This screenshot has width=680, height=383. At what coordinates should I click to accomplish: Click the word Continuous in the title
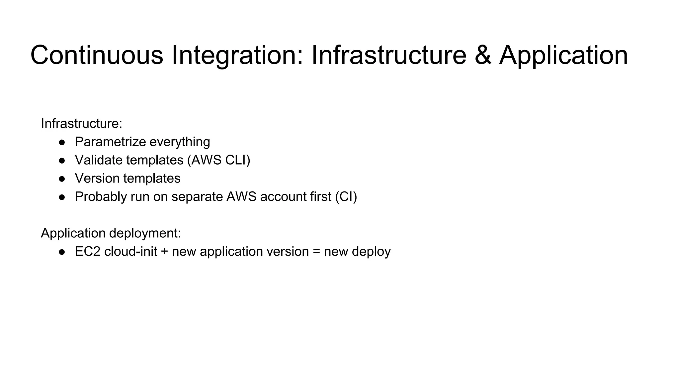(97, 55)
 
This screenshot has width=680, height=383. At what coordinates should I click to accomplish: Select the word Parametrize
(110, 142)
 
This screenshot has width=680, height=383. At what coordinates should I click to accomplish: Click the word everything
(180, 142)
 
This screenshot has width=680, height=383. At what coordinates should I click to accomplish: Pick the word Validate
(99, 160)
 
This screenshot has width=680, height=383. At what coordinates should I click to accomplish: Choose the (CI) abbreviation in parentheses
(346, 197)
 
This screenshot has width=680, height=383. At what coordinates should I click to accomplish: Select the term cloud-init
(130, 252)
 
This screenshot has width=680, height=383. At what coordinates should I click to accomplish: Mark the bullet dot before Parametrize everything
(62, 142)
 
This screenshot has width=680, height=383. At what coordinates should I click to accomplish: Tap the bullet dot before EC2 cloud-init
(62, 252)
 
